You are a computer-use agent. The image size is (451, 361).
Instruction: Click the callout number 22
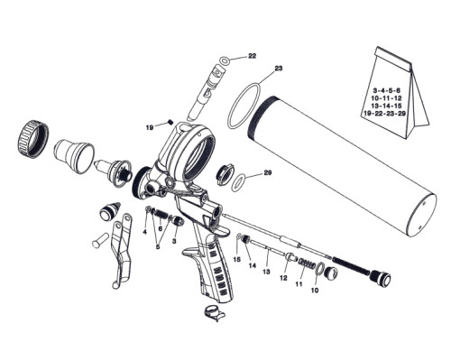[x=252, y=56]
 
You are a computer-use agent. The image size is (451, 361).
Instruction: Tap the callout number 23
[x=279, y=69]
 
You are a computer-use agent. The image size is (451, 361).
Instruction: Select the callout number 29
[x=268, y=172]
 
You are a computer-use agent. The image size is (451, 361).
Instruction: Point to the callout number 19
[x=150, y=128]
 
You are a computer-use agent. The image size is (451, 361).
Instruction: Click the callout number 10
[x=315, y=291]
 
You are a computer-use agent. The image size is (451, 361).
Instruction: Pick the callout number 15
[x=237, y=259]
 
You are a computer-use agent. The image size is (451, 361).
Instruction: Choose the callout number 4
[x=144, y=232]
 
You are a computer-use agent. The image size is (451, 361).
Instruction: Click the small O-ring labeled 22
[x=225, y=60]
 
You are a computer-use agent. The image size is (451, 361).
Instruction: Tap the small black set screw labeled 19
[x=170, y=122]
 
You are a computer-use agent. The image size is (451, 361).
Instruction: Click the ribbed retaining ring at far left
[x=33, y=138]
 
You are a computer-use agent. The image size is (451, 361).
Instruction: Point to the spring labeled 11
[x=308, y=264]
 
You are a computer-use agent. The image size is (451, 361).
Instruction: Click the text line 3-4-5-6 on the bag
[x=387, y=90]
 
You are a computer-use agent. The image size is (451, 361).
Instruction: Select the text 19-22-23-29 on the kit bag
[x=384, y=114]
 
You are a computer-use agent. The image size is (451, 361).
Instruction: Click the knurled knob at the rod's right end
[x=382, y=278]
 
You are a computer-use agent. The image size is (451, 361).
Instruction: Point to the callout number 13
[x=266, y=272]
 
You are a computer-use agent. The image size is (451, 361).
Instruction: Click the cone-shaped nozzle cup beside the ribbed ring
[x=74, y=156]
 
